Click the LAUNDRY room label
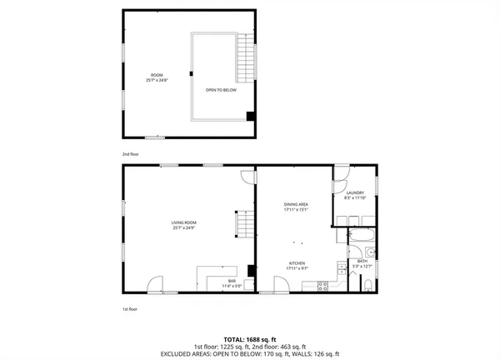(x=354, y=195)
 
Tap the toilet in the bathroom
(x=367, y=287)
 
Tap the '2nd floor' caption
(x=129, y=154)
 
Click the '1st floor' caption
(x=129, y=309)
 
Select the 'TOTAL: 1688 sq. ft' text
(x=249, y=339)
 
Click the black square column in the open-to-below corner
(x=249, y=116)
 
